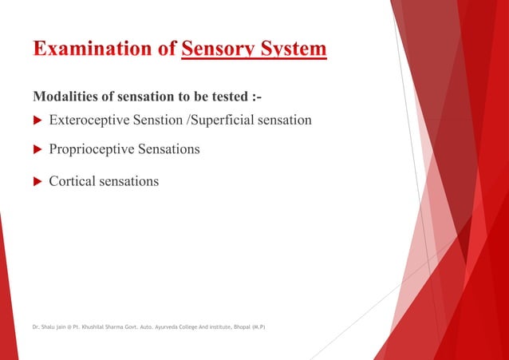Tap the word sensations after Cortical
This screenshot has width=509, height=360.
[130, 181]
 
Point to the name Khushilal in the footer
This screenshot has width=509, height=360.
[95, 327]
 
